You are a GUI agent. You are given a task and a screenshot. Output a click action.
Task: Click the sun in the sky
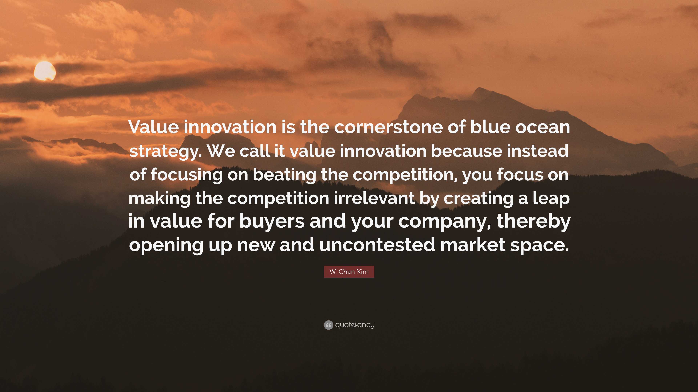click(45, 71)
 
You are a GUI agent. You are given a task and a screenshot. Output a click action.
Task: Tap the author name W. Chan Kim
click(349, 272)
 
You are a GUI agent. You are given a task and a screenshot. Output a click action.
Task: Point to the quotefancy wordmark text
click(355, 325)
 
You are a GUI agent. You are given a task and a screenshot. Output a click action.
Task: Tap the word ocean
click(542, 127)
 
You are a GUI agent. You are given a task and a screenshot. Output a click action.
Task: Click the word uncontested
click(377, 245)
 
